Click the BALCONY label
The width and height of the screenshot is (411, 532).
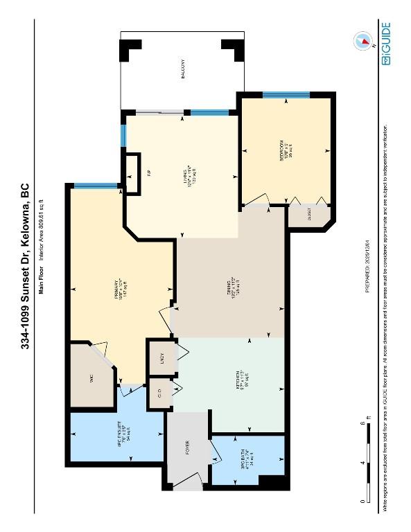point(183,69)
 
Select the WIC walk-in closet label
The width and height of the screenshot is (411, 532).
point(91,378)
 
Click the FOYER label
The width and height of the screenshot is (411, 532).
point(187,448)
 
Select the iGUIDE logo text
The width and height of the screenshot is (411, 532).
point(385,43)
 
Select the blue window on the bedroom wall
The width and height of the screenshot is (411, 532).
point(286,96)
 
